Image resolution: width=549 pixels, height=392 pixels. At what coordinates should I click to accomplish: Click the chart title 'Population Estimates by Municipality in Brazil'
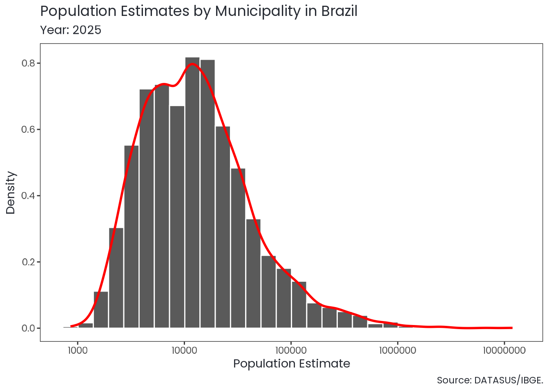(x=199, y=11)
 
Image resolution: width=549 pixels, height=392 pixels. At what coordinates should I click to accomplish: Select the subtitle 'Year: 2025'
(x=71, y=30)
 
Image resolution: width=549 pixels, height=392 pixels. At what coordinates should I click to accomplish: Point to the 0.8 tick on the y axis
(x=29, y=63)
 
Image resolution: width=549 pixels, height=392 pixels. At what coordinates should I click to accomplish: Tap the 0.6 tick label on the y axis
(x=29, y=129)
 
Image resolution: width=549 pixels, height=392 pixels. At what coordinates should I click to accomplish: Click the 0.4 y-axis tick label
(x=29, y=196)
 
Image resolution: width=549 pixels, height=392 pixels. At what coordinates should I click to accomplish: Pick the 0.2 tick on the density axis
(x=29, y=262)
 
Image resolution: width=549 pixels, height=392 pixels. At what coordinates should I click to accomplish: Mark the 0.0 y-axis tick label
(x=29, y=328)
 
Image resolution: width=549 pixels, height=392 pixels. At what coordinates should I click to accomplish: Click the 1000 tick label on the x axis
(x=77, y=350)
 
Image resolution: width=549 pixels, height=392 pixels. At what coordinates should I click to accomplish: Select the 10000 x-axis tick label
(x=184, y=350)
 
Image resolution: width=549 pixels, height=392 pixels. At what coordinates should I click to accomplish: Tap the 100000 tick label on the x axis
(x=291, y=350)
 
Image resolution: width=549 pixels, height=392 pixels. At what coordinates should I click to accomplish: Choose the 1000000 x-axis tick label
(x=397, y=350)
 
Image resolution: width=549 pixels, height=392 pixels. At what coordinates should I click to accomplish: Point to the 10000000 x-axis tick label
(x=504, y=350)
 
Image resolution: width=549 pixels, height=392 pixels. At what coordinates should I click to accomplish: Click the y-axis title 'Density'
(x=11, y=192)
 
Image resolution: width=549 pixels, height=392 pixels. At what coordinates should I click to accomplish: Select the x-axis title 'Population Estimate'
(x=292, y=364)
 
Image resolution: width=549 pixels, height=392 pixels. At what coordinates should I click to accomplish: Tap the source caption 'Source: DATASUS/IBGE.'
(x=490, y=381)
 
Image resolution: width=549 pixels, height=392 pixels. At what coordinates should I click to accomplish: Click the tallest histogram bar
(x=192, y=192)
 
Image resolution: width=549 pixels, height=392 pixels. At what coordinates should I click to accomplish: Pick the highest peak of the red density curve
(x=193, y=64)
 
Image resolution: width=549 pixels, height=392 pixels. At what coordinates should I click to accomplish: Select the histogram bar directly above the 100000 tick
(x=284, y=298)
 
